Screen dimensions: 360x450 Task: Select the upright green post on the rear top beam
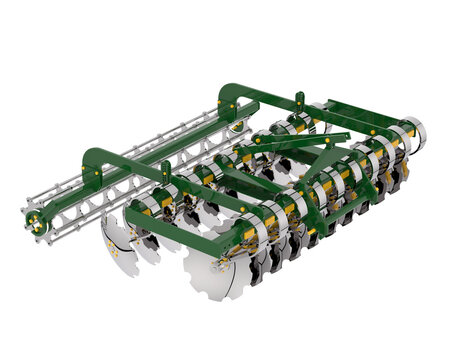tap(298, 103)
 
